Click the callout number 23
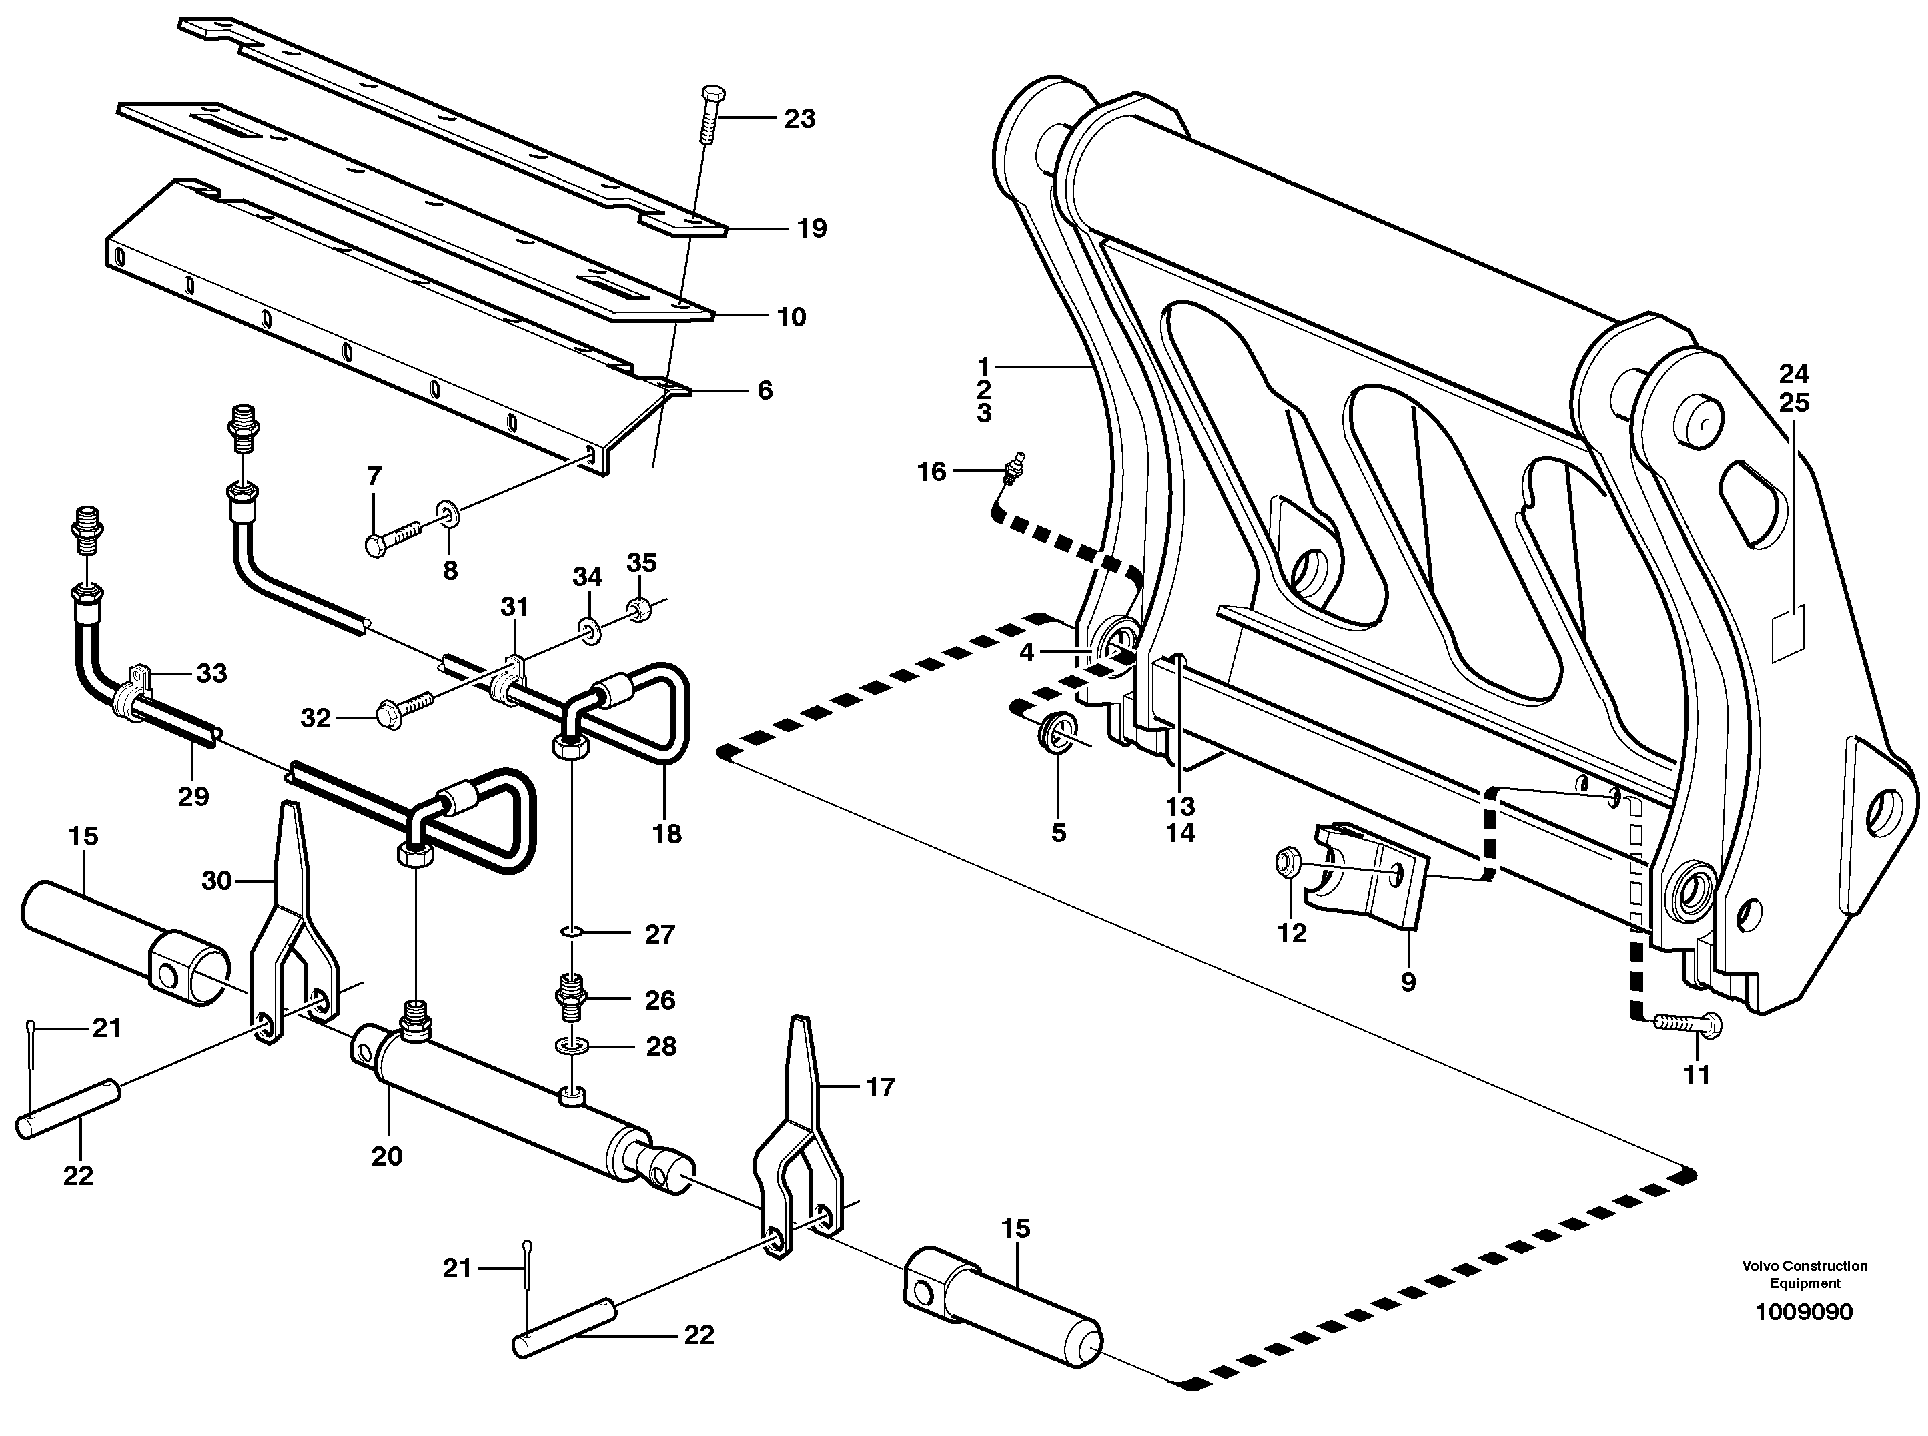coord(799,119)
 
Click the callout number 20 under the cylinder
coord(387,1156)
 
